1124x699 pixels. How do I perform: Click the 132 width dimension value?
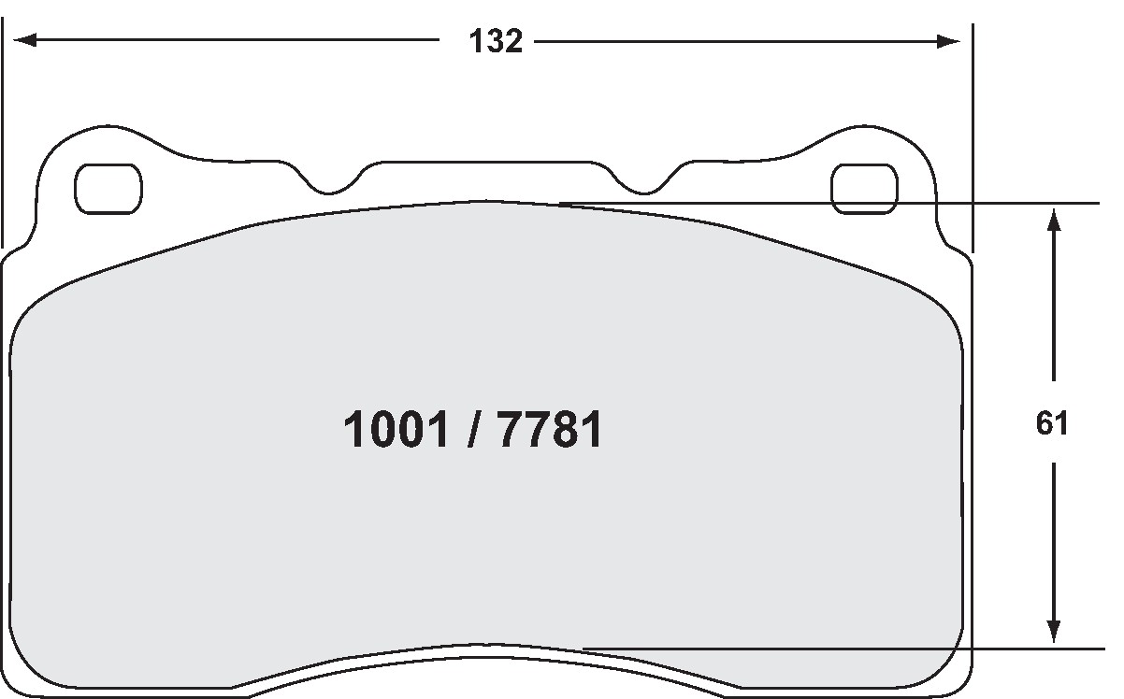click(x=496, y=40)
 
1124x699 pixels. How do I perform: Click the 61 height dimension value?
click(x=1052, y=423)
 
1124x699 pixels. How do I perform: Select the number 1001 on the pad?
click(x=396, y=429)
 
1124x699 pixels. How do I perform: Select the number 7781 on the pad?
click(x=550, y=429)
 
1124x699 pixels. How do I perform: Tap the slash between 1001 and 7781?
click(x=472, y=429)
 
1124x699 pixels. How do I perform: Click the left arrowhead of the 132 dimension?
click(x=25, y=40)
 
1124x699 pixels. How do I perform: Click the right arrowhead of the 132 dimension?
click(x=948, y=41)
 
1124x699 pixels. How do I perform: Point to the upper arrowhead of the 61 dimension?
click(x=1054, y=220)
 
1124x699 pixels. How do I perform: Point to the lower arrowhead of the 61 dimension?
click(x=1054, y=631)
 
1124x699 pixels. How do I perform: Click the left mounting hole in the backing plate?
click(x=108, y=189)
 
